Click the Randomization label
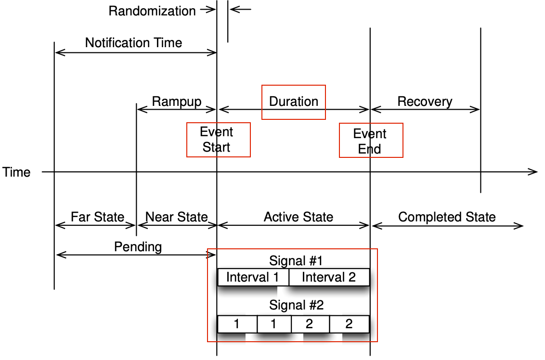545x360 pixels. (152, 11)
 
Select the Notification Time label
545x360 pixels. (133, 43)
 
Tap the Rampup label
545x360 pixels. (176, 102)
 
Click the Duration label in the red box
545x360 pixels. (294, 102)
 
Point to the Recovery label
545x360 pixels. (425, 102)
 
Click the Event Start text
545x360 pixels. (217, 140)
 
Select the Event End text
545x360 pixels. (370, 141)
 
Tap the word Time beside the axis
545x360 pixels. (16, 172)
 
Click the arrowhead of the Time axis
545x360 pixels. (533, 171)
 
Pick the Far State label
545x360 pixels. (97, 217)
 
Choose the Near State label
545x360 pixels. (176, 217)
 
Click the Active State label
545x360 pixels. (298, 217)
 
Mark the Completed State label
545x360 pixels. (447, 217)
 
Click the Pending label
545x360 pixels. (138, 247)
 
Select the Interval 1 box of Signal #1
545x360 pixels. (253, 277)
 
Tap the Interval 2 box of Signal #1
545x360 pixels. (329, 277)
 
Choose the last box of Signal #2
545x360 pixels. (349, 324)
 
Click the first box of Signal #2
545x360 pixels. (237, 324)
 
